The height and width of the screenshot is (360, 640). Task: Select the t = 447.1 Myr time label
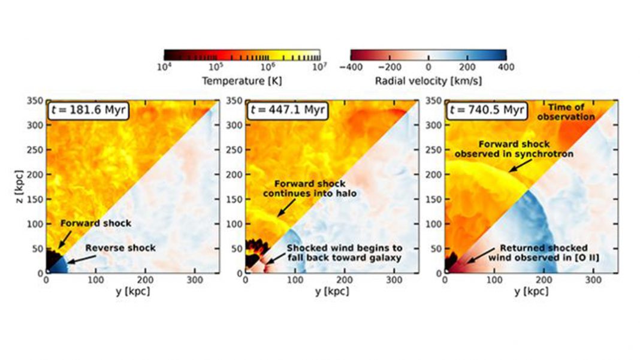click(x=284, y=111)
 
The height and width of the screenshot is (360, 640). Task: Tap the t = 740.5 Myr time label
click(x=484, y=111)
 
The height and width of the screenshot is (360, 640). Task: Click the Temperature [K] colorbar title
click(x=241, y=80)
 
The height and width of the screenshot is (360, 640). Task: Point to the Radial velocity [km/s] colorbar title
click(x=428, y=80)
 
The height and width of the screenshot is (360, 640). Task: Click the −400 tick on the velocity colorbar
click(x=352, y=67)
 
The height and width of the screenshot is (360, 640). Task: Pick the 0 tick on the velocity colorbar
click(x=428, y=67)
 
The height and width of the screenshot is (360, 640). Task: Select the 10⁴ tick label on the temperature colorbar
click(x=164, y=67)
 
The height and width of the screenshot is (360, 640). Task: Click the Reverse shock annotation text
click(x=120, y=247)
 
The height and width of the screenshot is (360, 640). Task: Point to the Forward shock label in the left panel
click(x=96, y=223)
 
